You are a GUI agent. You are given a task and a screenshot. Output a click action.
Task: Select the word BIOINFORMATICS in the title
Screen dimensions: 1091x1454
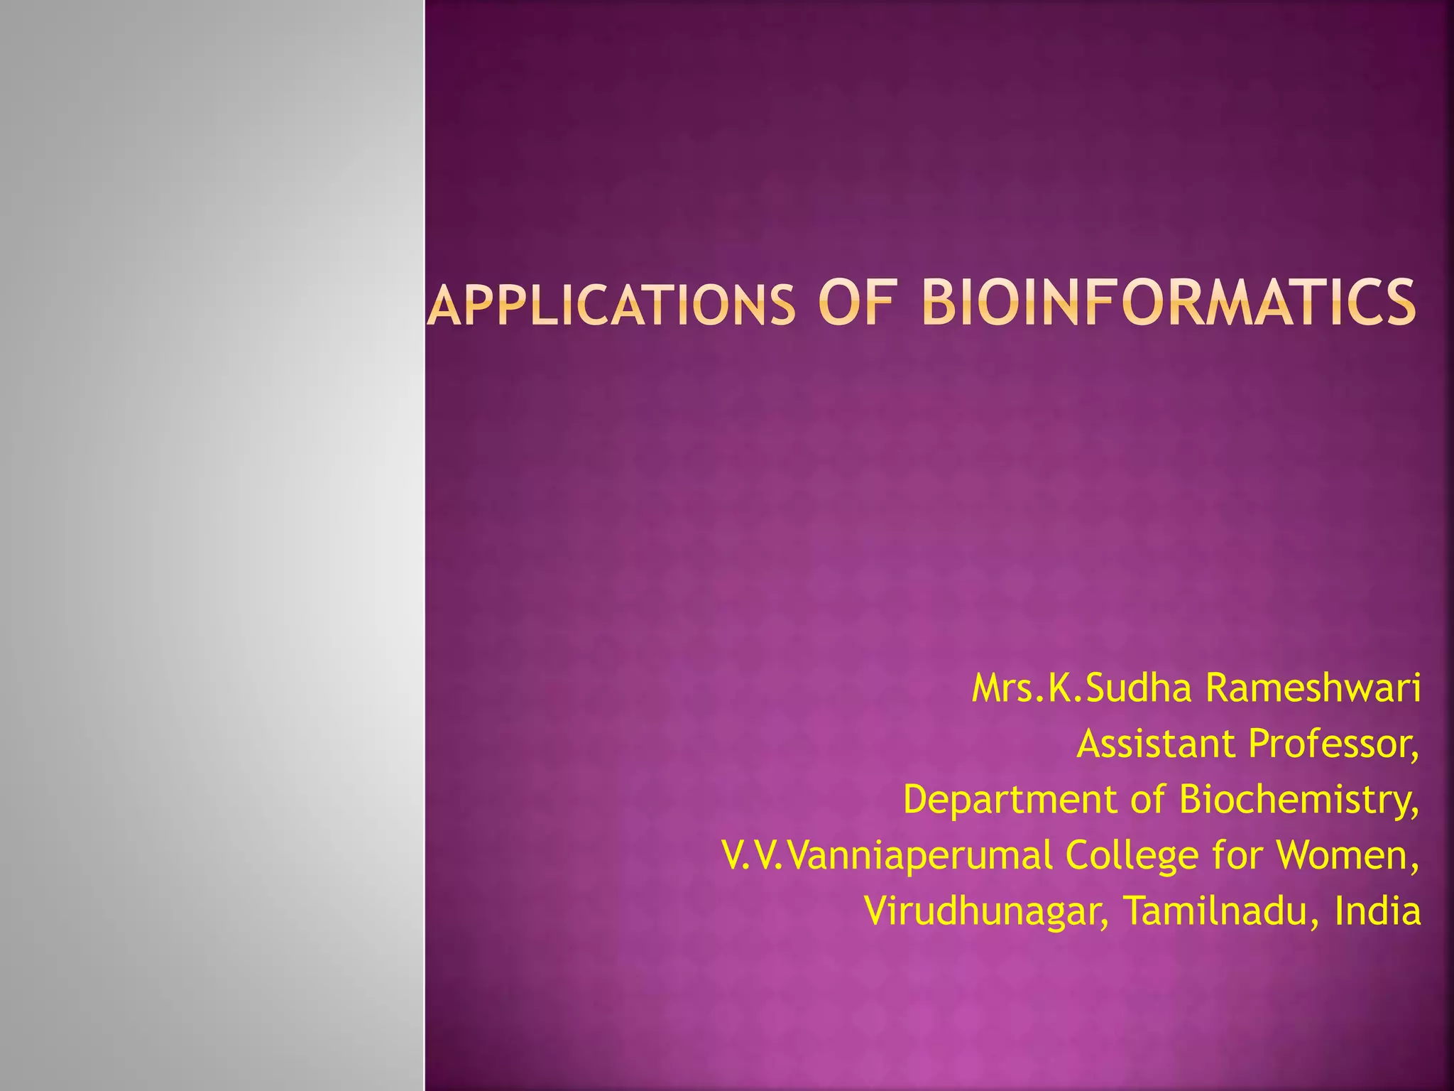[x=1169, y=303]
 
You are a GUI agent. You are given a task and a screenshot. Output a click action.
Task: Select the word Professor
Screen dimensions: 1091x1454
[x=1333, y=744]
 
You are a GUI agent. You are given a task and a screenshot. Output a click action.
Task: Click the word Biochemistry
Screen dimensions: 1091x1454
[x=1299, y=800]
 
